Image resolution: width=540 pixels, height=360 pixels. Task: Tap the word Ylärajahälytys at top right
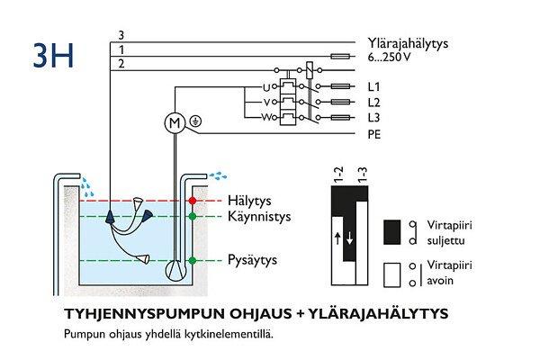point(409,42)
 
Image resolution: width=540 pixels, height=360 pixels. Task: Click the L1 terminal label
point(375,87)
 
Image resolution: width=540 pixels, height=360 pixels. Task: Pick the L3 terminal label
point(375,118)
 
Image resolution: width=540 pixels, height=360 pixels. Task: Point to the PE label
point(375,134)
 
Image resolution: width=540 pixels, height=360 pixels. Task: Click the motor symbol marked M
point(173,121)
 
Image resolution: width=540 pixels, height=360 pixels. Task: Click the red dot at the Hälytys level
point(191,200)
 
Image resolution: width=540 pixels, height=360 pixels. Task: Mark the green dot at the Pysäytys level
point(191,261)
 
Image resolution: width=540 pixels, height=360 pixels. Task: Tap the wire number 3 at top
point(121,35)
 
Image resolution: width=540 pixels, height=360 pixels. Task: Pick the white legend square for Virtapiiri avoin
point(392,273)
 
